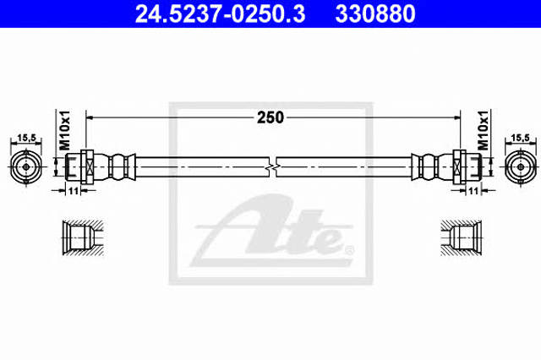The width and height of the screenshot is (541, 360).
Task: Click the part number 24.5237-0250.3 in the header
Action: coord(220,14)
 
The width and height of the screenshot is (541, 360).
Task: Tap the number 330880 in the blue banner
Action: coord(375,14)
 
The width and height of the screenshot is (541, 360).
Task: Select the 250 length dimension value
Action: coord(270,117)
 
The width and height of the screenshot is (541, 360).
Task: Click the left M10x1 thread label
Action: coord(65,130)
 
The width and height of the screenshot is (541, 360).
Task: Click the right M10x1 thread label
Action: coord(483,130)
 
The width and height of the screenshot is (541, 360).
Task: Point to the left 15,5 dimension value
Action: coord(26,138)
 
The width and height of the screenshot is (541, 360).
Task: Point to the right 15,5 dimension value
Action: coord(520,138)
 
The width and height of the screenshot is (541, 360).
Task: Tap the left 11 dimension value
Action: coord(74,190)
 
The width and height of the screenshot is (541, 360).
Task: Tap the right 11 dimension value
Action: coord(473,190)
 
